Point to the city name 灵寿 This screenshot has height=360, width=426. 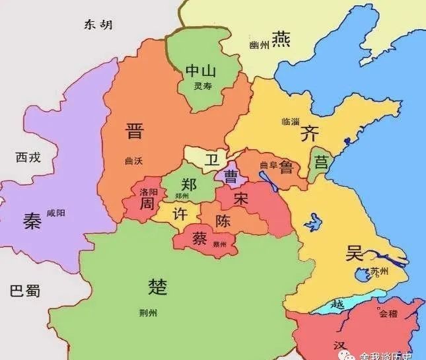pyautogui.click(x=202, y=87)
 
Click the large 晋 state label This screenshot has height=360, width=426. pyautogui.click(x=134, y=131)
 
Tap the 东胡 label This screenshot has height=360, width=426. pyautogui.click(x=98, y=24)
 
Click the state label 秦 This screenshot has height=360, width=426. pyautogui.click(x=32, y=221)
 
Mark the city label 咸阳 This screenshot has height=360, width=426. pyautogui.click(x=57, y=213)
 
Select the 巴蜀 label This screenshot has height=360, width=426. pyautogui.click(x=25, y=291)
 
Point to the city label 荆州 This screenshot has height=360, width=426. pyautogui.click(x=158, y=314)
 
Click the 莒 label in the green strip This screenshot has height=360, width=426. pyautogui.click(x=321, y=162)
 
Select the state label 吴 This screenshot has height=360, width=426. pyautogui.click(x=355, y=252)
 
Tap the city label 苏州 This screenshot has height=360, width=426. pyautogui.click(x=379, y=272)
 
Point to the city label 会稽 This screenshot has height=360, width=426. pyautogui.click(x=388, y=314)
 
